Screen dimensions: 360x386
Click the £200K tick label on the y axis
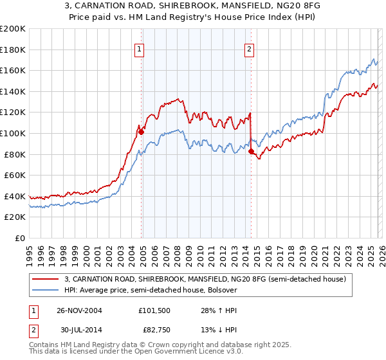pyautogui.click(x=13, y=29)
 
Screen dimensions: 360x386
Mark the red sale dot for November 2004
pyautogui.click(x=141, y=132)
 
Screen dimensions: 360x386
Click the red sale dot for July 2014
pyautogui.click(x=251, y=152)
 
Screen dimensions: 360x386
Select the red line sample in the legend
pyautogui.click(x=46, y=279)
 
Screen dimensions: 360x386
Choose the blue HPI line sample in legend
pyautogui.click(x=46, y=290)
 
